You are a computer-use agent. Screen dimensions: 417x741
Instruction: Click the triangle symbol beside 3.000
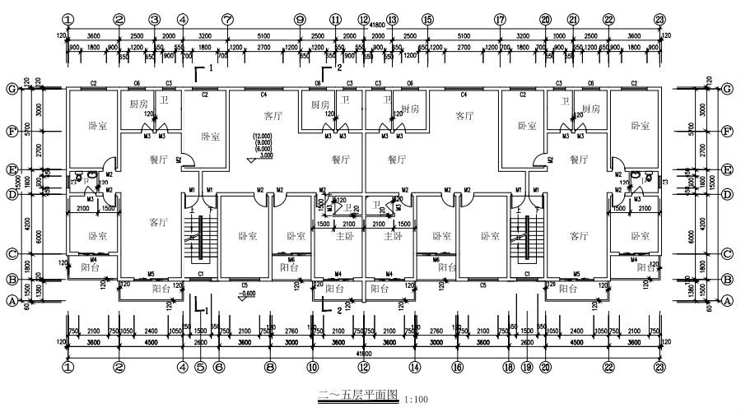point(251,155)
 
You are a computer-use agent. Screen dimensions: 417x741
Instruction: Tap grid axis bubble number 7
point(227,20)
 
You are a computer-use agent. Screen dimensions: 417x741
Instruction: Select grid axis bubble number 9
point(299,20)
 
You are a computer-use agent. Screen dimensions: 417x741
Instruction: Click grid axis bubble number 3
point(154,20)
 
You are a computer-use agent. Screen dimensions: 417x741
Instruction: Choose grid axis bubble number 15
point(426,20)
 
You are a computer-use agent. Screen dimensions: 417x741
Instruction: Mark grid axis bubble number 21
point(573,20)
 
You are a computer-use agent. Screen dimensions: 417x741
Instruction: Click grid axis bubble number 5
point(200,368)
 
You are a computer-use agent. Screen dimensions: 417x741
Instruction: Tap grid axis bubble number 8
point(269,368)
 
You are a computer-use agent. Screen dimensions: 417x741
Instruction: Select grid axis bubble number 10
point(312,368)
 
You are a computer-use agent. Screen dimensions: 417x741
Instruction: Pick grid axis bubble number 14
point(415,368)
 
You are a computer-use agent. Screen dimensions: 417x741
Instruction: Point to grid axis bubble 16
point(458,368)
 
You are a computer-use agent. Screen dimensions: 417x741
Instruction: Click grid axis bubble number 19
point(527,368)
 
